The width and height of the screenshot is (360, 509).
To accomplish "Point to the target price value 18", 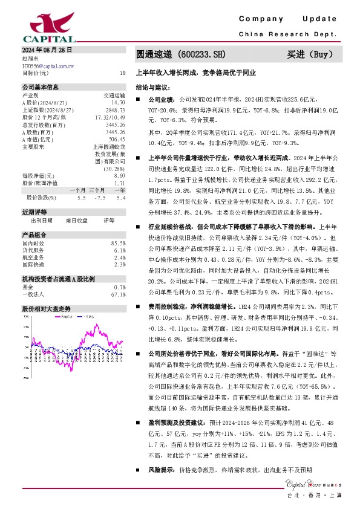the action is point(123,73).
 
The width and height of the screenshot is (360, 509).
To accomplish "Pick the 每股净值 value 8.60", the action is point(119,175).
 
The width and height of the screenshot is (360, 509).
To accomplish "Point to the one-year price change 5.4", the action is point(121,197).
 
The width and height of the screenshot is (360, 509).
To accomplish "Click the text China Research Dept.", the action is point(287,34).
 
